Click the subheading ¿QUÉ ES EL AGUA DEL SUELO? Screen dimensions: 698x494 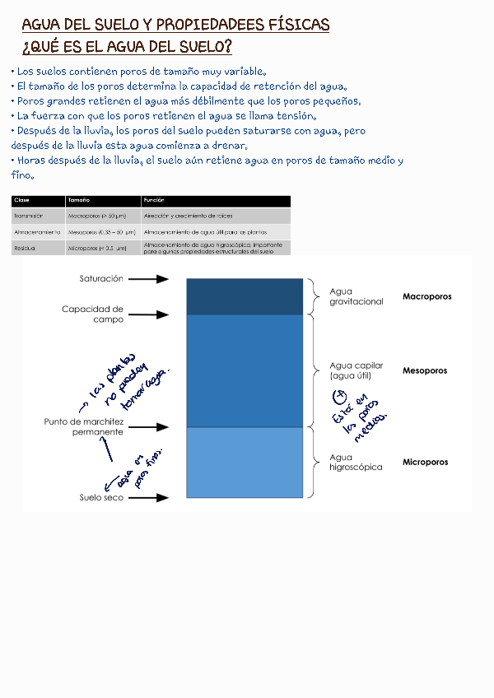point(127,46)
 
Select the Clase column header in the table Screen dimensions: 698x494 point(22,201)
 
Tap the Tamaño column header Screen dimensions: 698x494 point(79,201)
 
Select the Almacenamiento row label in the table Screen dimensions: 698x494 point(37,232)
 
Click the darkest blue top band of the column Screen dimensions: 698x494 point(245,296)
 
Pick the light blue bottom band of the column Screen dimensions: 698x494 point(245,462)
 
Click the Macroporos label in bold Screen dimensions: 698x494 point(426,296)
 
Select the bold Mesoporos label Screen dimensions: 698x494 point(425,370)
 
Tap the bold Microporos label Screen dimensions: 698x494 point(426,462)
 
